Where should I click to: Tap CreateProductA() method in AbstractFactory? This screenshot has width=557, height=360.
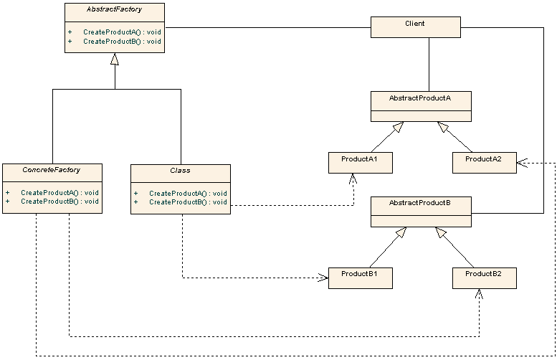pyautogui.click(x=122, y=32)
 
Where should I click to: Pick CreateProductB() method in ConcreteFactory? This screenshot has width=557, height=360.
pyautogui.click(x=59, y=202)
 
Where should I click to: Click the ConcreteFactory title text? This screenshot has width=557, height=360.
pyautogui.click(x=52, y=170)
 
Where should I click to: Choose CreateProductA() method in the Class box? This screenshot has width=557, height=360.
pyautogui.click(x=188, y=193)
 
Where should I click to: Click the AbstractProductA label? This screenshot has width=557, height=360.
pyautogui.click(x=419, y=98)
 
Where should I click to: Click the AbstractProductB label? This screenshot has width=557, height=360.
pyautogui.click(x=419, y=203)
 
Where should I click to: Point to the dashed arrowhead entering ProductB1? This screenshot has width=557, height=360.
pyautogui.click(x=324, y=278)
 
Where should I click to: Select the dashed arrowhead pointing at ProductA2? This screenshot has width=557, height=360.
pyautogui.click(x=521, y=163)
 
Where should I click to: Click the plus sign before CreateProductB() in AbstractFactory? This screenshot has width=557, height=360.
pyautogui.click(x=70, y=42)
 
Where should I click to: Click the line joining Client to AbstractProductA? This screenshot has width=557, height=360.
pyautogui.click(x=429, y=65)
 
